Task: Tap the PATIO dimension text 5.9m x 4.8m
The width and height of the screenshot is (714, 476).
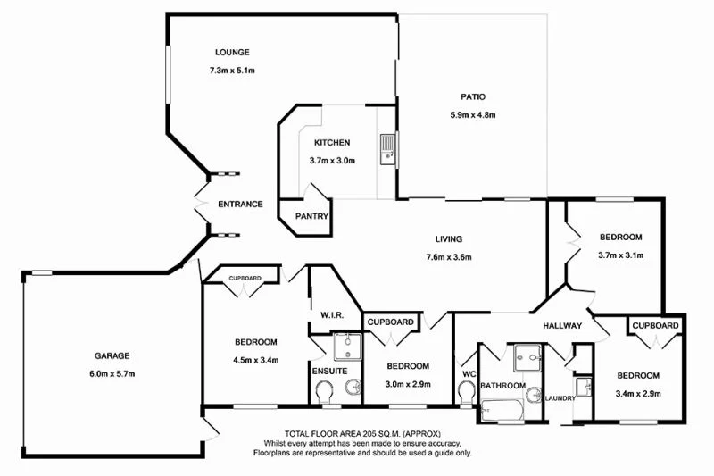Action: tap(472, 114)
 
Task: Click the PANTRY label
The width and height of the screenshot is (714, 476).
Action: tap(312, 216)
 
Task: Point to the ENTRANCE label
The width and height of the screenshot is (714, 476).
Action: tap(240, 204)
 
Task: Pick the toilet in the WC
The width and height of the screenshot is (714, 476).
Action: tap(464, 390)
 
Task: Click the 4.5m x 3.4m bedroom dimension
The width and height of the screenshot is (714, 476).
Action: tap(256, 361)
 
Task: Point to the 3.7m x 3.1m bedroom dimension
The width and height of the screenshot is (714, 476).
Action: tap(619, 255)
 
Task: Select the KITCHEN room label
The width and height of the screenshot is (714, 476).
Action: tap(331, 143)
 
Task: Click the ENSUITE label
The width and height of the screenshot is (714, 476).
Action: tap(329, 371)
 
